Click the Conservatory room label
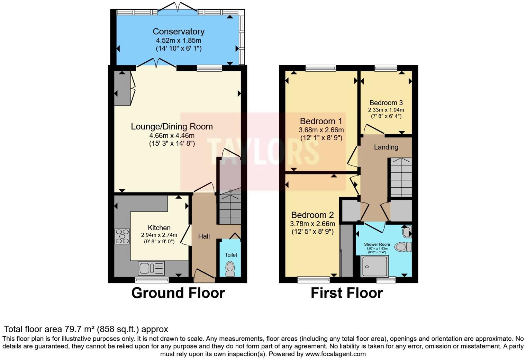(179, 31)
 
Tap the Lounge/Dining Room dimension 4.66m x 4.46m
(172, 135)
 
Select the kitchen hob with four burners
(122, 236)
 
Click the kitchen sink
(151, 268)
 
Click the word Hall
(204, 236)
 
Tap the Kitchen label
(159, 228)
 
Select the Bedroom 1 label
(321, 121)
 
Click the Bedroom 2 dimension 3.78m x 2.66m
(312, 224)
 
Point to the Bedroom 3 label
(386, 103)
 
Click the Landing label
(386, 147)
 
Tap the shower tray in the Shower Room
(374, 266)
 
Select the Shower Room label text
(377, 244)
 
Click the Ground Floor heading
(178, 293)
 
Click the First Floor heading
(346, 293)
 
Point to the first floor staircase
(401, 177)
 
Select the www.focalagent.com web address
(335, 354)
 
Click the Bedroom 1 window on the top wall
(320, 68)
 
